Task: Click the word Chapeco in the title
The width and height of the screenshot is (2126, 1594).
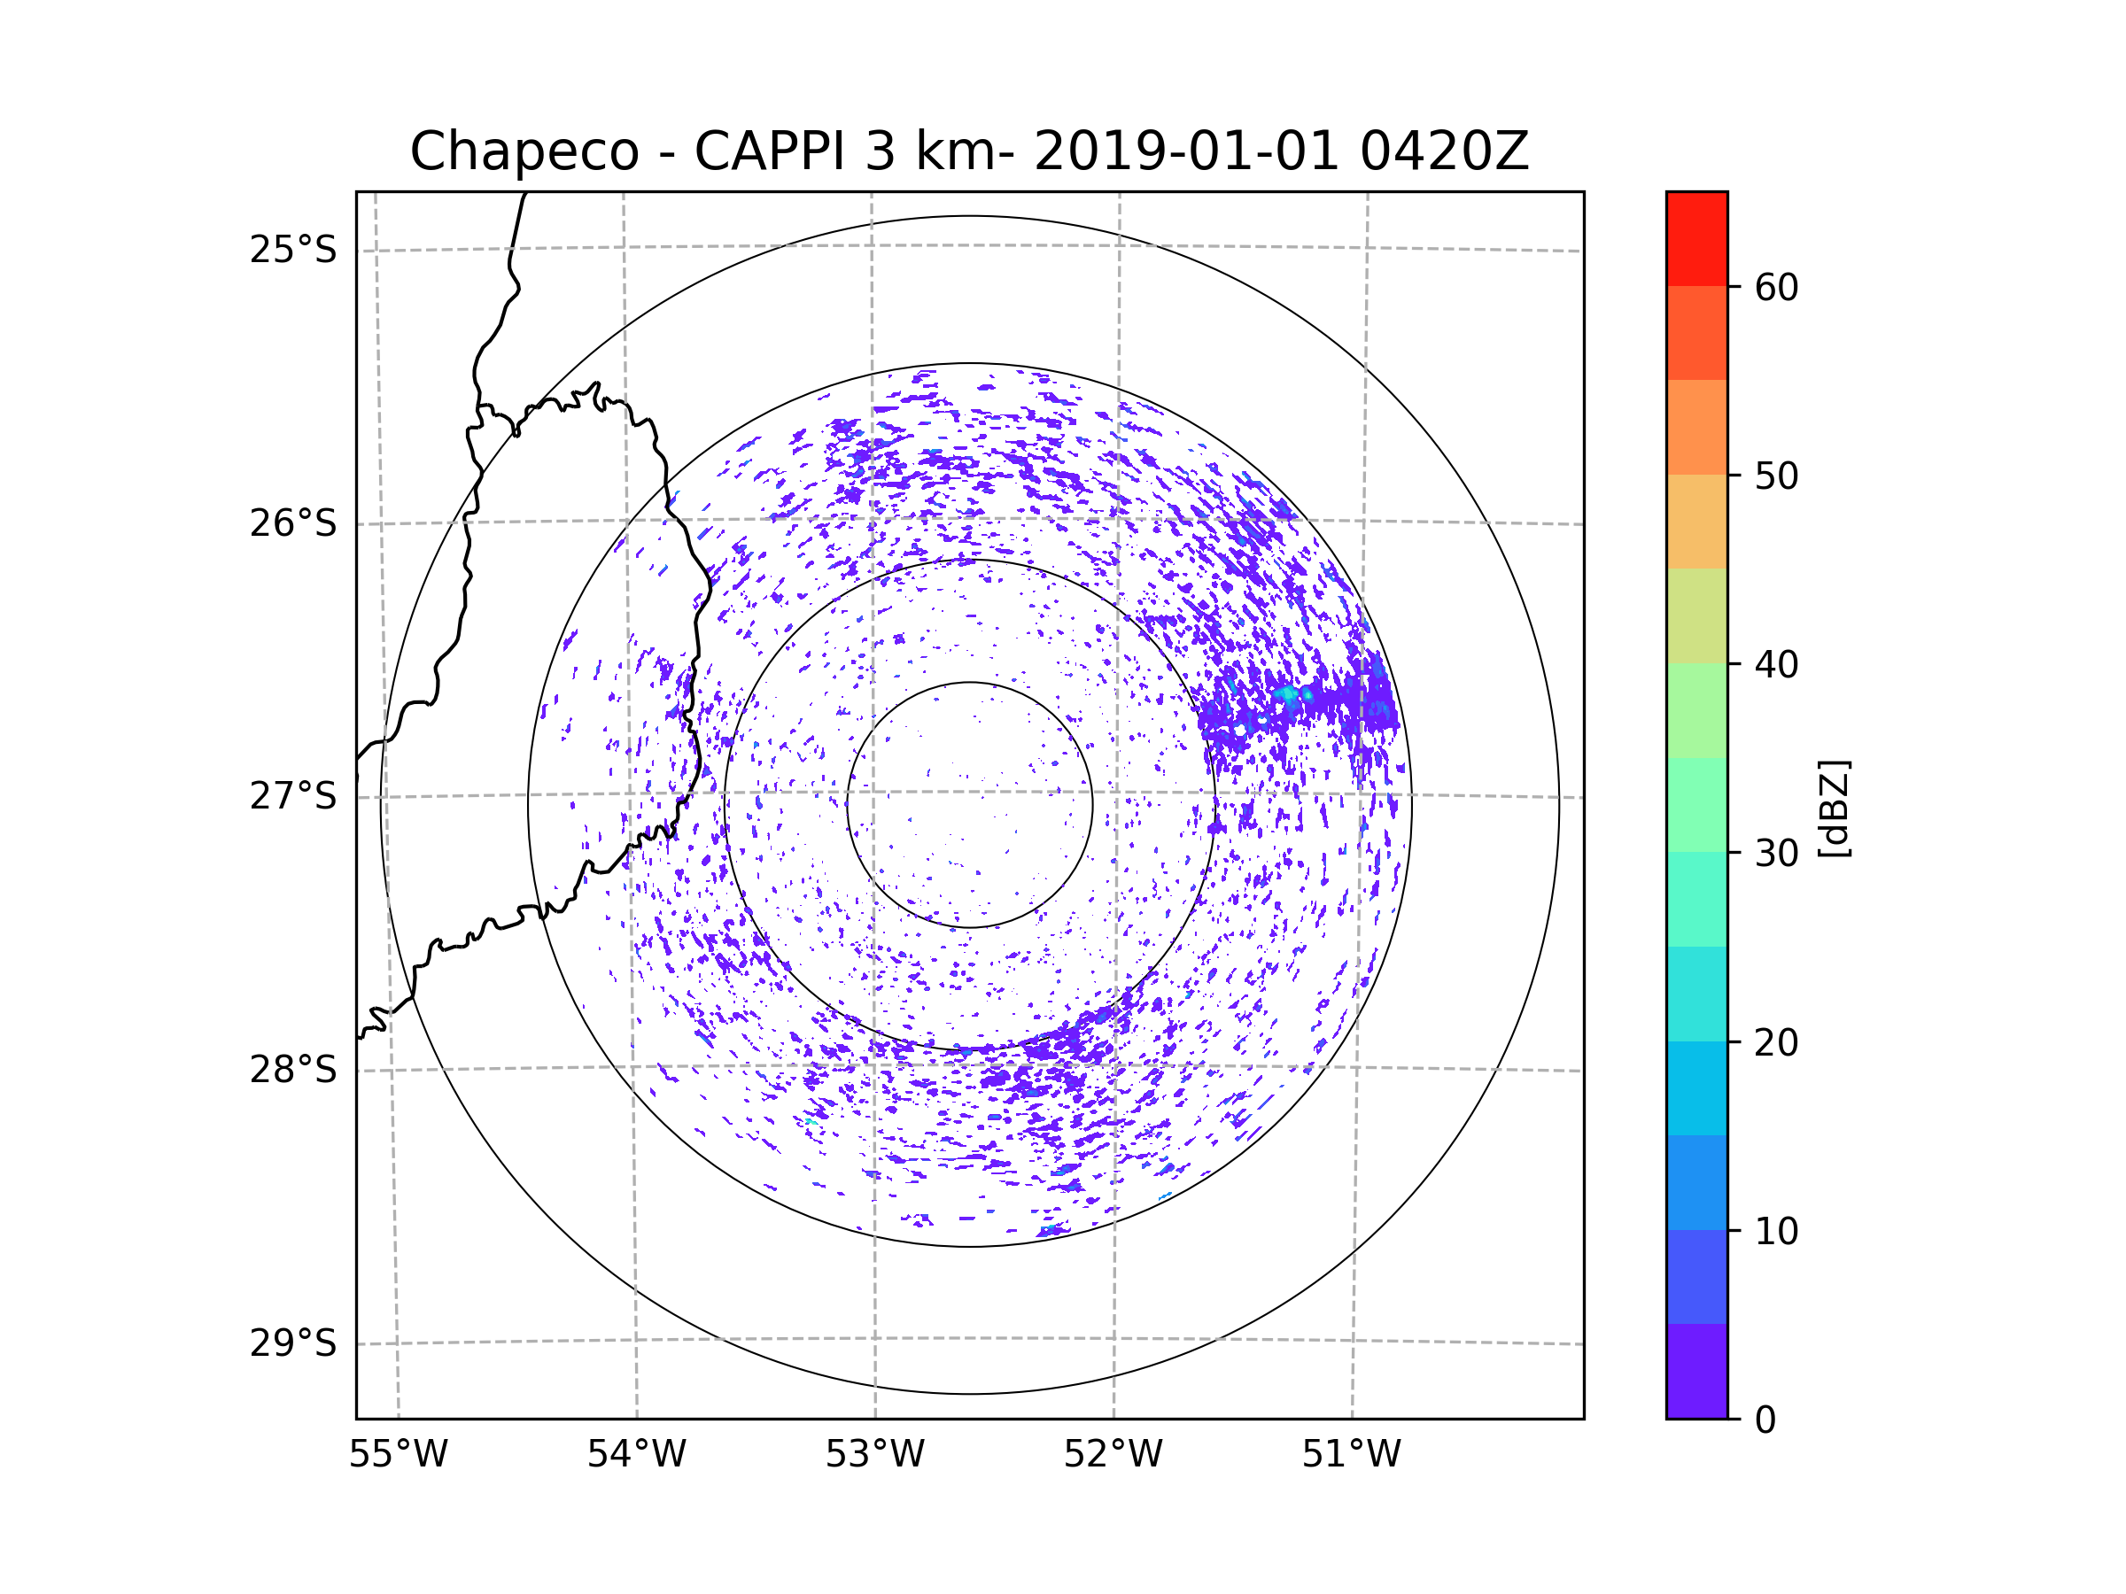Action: coord(524,151)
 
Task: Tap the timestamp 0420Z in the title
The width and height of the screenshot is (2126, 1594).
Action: coord(1444,151)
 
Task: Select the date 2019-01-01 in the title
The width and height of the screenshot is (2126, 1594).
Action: coord(1186,151)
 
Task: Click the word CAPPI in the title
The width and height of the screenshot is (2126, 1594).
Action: coord(772,151)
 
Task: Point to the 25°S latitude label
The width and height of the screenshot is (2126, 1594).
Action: coord(293,250)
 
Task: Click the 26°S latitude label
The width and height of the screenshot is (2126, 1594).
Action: coord(293,523)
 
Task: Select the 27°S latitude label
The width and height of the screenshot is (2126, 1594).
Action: coord(293,796)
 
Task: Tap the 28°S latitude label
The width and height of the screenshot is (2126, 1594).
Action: coord(293,1070)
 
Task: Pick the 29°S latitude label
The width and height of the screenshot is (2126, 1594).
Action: coord(293,1343)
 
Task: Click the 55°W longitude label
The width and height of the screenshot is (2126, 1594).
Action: coord(398,1455)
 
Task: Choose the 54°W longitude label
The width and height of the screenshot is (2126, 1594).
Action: coord(636,1455)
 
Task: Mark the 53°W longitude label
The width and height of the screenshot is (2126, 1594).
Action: coord(874,1455)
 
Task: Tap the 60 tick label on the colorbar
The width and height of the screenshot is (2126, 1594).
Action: coord(1776,287)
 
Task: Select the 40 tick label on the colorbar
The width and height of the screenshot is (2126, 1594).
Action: coord(1776,664)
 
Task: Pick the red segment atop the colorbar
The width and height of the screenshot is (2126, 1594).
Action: coord(1696,238)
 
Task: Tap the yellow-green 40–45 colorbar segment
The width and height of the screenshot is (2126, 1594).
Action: coord(1696,615)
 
